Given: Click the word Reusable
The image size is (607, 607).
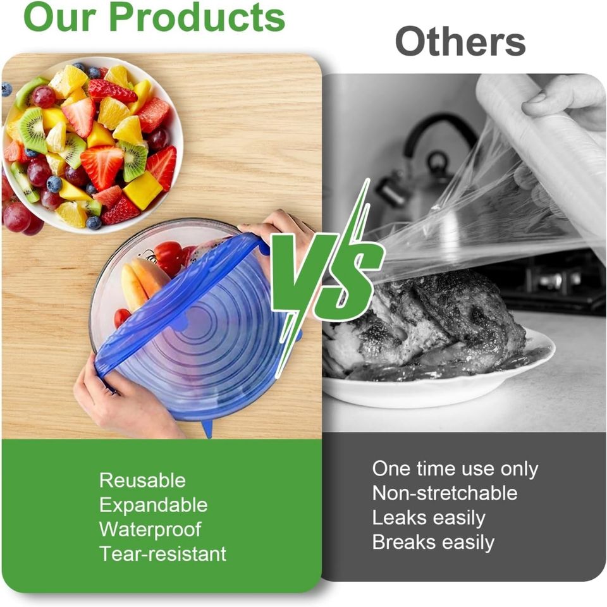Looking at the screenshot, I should tap(142, 481).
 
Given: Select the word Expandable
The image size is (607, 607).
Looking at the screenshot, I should tap(153, 505).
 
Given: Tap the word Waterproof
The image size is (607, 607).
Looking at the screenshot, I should tap(150, 529).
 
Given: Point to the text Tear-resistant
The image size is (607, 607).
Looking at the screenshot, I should tap(162, 554).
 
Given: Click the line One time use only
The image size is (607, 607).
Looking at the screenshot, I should tap(455, 469).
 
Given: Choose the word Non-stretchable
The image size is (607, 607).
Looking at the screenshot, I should tap(445, 493).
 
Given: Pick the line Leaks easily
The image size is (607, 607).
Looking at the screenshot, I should tap(429, 518).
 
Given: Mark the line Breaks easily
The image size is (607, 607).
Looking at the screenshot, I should tap(433, 542).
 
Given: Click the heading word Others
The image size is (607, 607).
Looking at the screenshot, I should tap(460, 42).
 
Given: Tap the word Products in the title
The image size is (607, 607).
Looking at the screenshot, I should tap(197, 17).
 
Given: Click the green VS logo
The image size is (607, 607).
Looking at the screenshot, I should tap(326, 266).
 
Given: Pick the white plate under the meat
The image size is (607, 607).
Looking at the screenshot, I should tap(443, 389).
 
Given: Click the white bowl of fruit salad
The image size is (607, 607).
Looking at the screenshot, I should tap(92, 145).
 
